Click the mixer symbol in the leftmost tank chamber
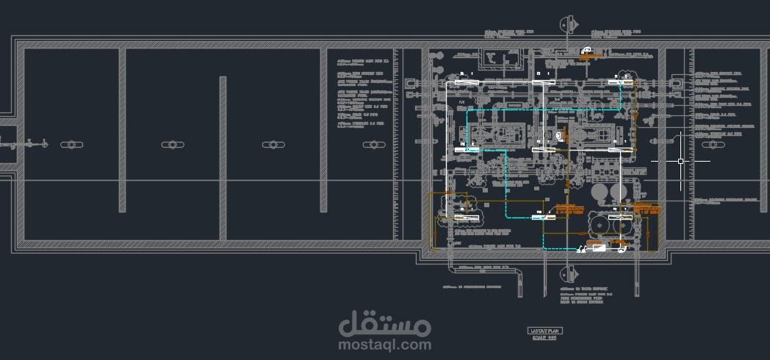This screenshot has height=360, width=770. point(71,144)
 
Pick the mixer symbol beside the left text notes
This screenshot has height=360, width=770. point(373,144)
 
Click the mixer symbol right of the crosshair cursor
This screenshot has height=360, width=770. point(711,145)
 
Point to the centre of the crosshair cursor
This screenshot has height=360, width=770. point(681,161)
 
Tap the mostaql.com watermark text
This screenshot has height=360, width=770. point(385,343)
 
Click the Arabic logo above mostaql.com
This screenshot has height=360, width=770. point(385,322)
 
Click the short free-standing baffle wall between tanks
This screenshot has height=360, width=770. point(223,157)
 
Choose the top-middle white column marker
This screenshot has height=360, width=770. point(544,81)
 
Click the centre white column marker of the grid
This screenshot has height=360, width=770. point(544,149)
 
